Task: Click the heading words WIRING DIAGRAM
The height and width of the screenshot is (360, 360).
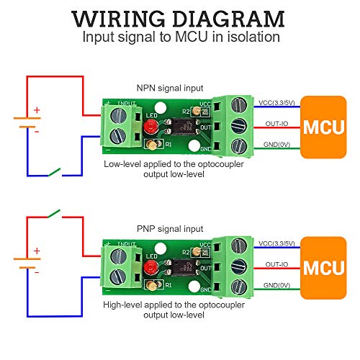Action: [179, 17]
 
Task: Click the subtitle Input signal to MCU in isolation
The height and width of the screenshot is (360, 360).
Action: [179, 37]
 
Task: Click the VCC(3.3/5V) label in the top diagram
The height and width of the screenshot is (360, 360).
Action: [275, 102]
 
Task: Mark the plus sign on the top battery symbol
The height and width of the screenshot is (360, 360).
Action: [37, 110]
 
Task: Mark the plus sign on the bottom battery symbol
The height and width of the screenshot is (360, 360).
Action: [37, 251]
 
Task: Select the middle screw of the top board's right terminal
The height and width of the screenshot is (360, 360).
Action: [236, 127]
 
